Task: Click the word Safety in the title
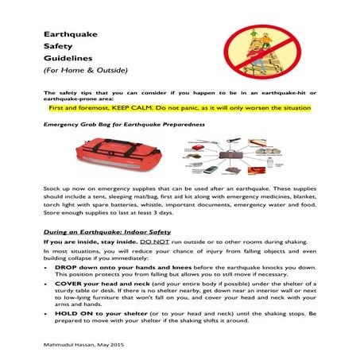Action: pos(57,46)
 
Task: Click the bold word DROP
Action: pos(64,269)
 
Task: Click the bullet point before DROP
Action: pos(48,269)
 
